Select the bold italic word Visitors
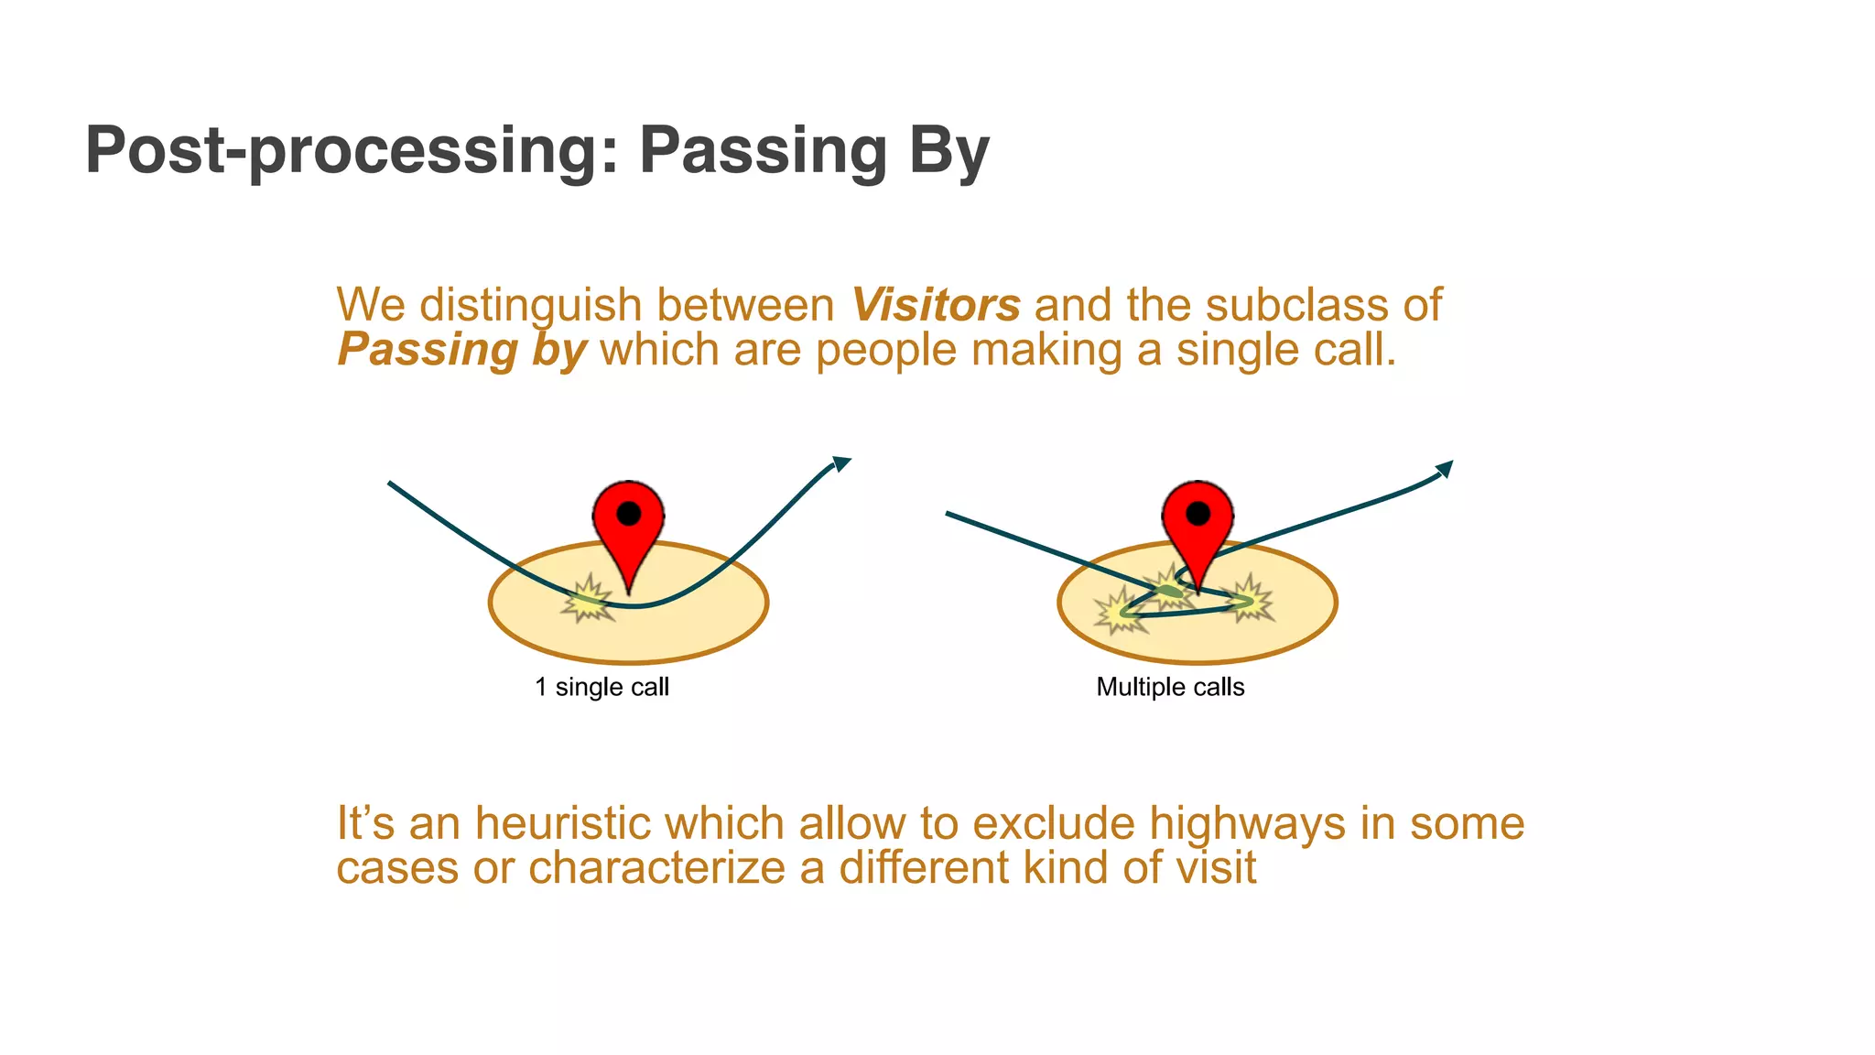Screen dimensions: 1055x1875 935,305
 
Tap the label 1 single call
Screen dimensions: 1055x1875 602,687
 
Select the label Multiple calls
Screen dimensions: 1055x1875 1170,687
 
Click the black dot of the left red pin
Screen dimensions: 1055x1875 629,514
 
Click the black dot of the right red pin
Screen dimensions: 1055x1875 1198,514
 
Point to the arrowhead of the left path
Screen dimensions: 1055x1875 841,462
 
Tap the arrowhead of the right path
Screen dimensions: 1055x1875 1445,469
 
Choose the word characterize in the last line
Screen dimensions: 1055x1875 656,867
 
